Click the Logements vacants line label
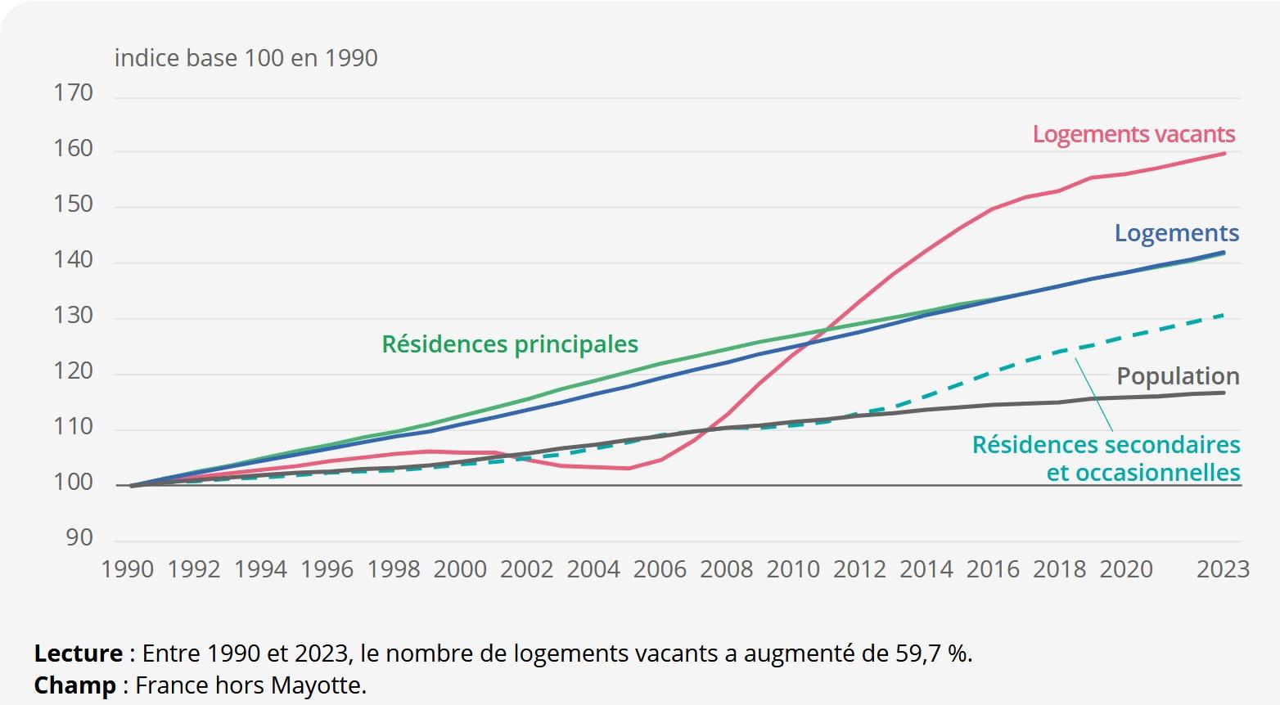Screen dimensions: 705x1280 coord(1134,134)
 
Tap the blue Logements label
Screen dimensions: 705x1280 coord(1176,233)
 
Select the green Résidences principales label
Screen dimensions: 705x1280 coord(510,344)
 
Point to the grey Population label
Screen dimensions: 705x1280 coord(1178,376)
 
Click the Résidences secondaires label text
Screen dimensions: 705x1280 coord(1106,446)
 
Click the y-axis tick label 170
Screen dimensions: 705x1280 coord(74,93)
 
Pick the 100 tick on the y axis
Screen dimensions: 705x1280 coord(74,483)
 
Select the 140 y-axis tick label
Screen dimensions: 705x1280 coord(74,260)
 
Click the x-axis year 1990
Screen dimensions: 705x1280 coord(127,569)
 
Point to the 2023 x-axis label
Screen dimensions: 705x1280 coord(1223,569)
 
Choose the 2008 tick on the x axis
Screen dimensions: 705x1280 coord(726,569)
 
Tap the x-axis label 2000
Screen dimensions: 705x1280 coord(460,569)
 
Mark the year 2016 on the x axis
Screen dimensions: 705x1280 coord(993,569)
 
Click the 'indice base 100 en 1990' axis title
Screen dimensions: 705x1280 coord(246,59)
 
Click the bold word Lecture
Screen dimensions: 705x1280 coord(79,653)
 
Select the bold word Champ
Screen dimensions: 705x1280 coord(74,685)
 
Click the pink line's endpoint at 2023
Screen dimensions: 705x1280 coord(1224,153)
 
